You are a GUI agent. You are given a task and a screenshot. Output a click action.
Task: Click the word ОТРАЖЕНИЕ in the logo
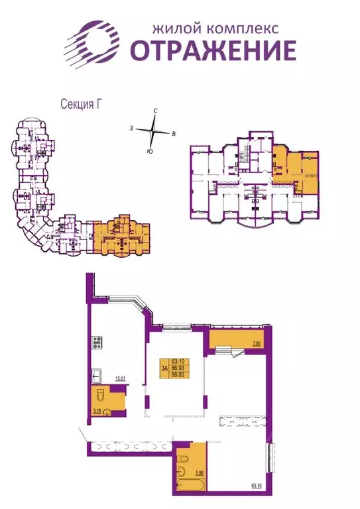(212, 50)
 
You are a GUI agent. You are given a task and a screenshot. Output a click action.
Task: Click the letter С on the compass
(154, 111)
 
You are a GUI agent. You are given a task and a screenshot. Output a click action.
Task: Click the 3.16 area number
(97, 412)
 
